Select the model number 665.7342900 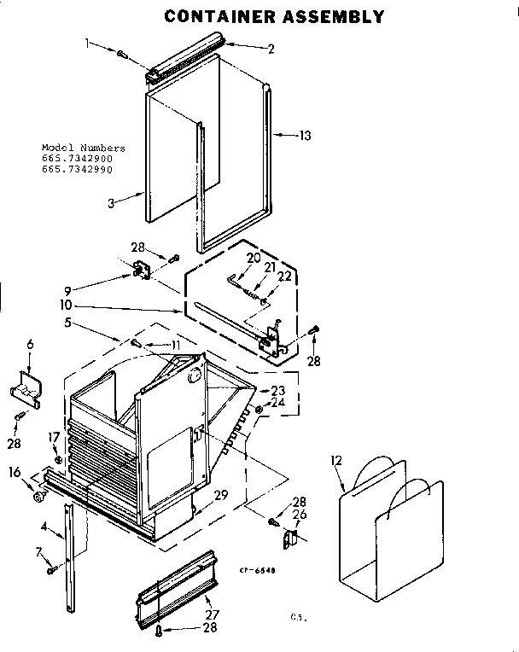(x=77, y=159)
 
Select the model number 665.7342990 (x=77, y=169)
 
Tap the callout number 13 (x=306, y=135)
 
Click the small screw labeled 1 (x=122, y=55)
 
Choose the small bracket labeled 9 (x=140, y=271)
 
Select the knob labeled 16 (x=39, y=495)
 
